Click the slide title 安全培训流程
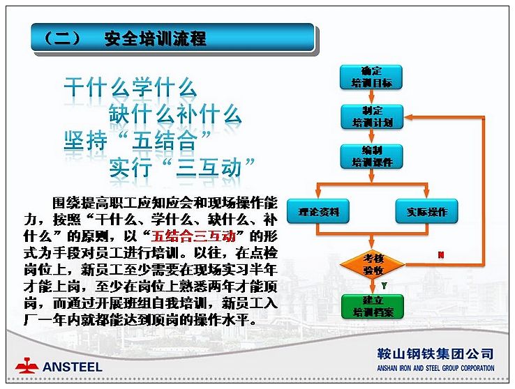(x=156, y=38)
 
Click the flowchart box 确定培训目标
(x=371, y=77)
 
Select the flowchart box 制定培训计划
(x=372, y=116)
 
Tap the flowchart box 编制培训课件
(x=372, y=156)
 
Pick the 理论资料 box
(x=318, y=211)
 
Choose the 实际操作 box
(x=426, y=211)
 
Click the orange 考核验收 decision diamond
(x=373, y=264)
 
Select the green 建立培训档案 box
(x=373, y=306)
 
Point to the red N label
(x=441, y=255)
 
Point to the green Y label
(x=384, y=286)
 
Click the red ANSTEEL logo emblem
(x=27, y=365)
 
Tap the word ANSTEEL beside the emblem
(x=73, y=367)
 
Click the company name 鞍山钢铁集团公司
(x=435, y=354)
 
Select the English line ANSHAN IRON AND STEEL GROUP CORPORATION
(x=435, y=368)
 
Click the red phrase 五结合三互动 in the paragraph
(x=193, y=236)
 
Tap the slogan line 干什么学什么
(x=130, y=87)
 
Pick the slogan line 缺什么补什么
(x=175, y=114)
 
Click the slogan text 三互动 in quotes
(x=209, y=167)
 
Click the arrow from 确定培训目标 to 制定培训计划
(x=371, y=97)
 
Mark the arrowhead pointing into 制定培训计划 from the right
(x=408, y=117)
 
